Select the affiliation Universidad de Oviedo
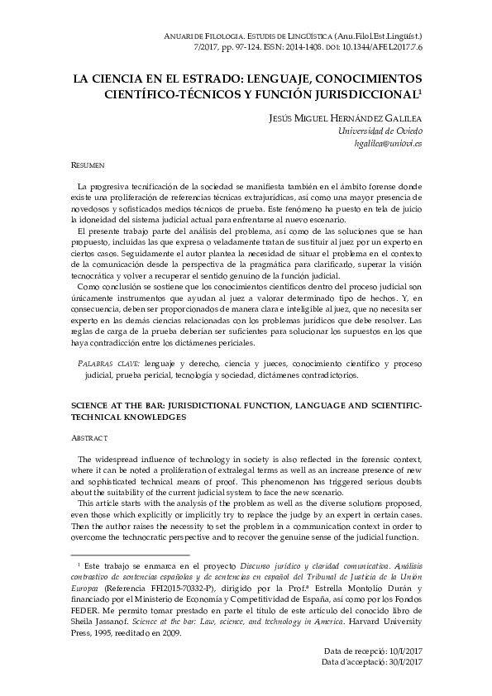point(381,131)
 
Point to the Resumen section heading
point(86,165)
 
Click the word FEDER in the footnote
point(84,602)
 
